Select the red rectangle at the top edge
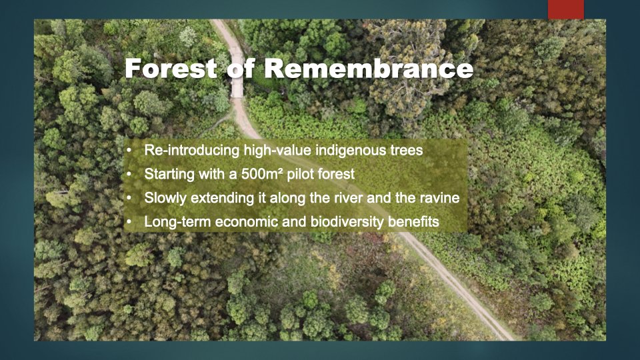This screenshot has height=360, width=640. tap(565, 9)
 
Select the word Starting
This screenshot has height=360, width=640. tap(167, 175)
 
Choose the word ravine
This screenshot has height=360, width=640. tap(439, 199)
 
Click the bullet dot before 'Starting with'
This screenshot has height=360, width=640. tap(129, 175)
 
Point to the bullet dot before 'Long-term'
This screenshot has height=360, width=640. tap(129, 222)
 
